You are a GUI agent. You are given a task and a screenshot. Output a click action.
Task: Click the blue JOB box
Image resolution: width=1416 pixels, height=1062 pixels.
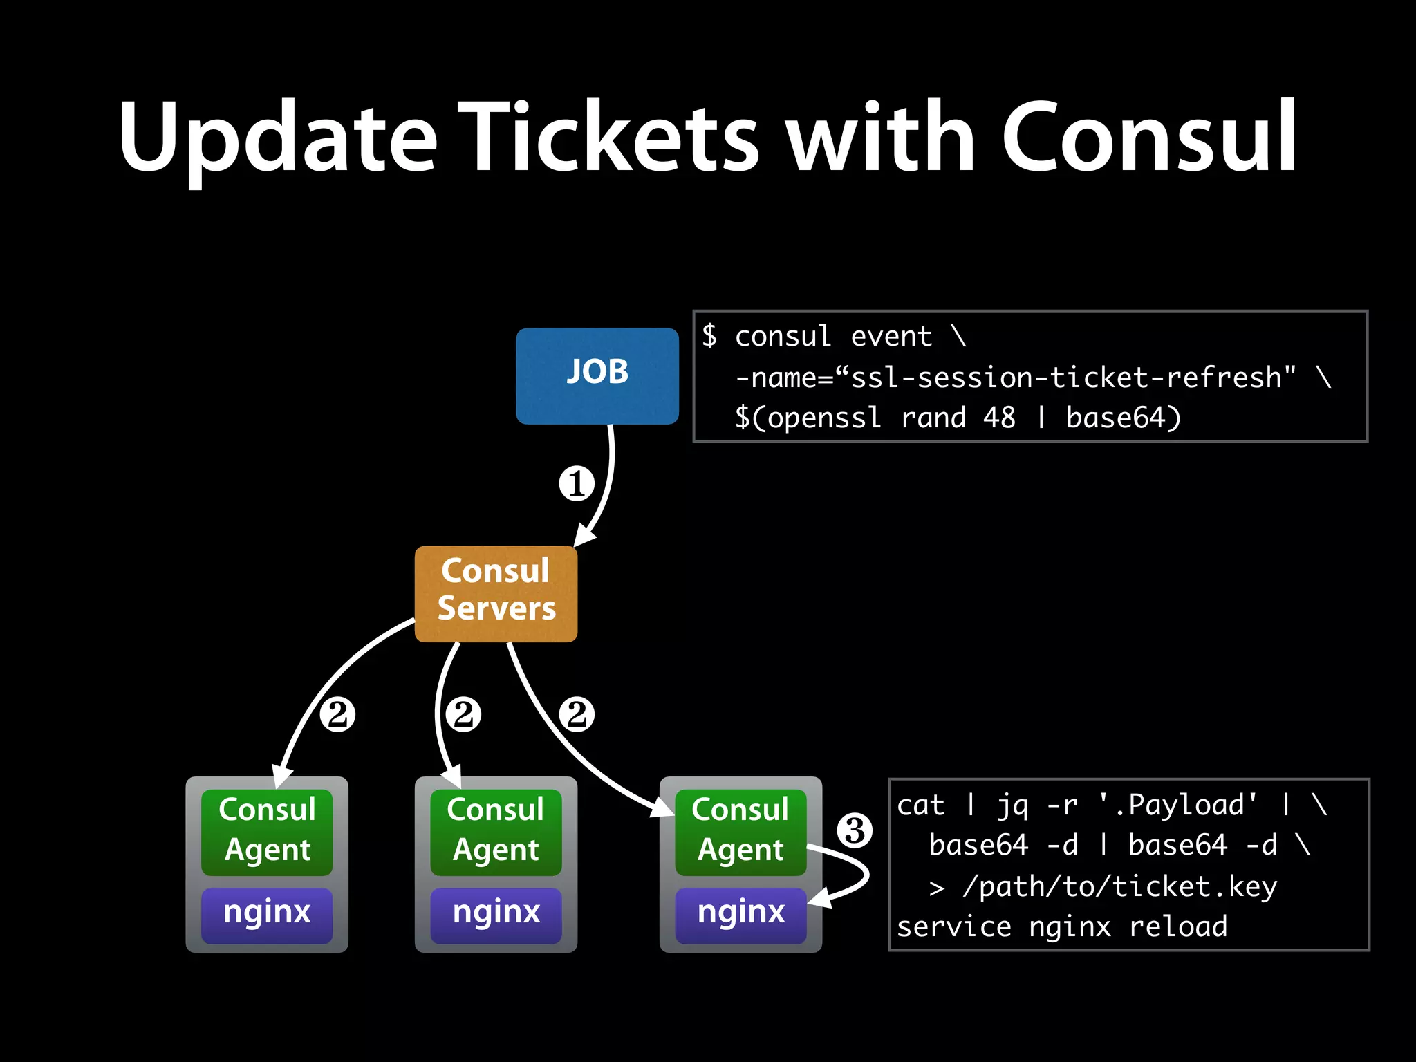point(597,375)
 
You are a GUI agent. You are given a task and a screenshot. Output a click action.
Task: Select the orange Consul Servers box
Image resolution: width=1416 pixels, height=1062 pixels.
point(496,593)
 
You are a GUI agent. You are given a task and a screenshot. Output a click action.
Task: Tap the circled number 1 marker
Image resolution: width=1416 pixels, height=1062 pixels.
point(577,483)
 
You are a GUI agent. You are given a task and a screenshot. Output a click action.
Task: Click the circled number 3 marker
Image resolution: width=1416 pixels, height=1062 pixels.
point(855,830)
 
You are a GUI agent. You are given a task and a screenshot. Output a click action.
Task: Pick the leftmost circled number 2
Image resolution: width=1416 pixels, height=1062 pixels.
point(337,714)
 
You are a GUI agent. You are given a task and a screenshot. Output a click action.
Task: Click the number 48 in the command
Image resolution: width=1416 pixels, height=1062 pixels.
point(999,418)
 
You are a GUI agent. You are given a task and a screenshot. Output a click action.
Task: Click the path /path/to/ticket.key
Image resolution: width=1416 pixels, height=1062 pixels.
point(1119,886)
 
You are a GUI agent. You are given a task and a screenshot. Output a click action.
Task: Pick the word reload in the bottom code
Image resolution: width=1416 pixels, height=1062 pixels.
point(1177,926)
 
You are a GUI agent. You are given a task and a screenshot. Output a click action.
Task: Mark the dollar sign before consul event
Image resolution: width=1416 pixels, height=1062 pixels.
point(709,336)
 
